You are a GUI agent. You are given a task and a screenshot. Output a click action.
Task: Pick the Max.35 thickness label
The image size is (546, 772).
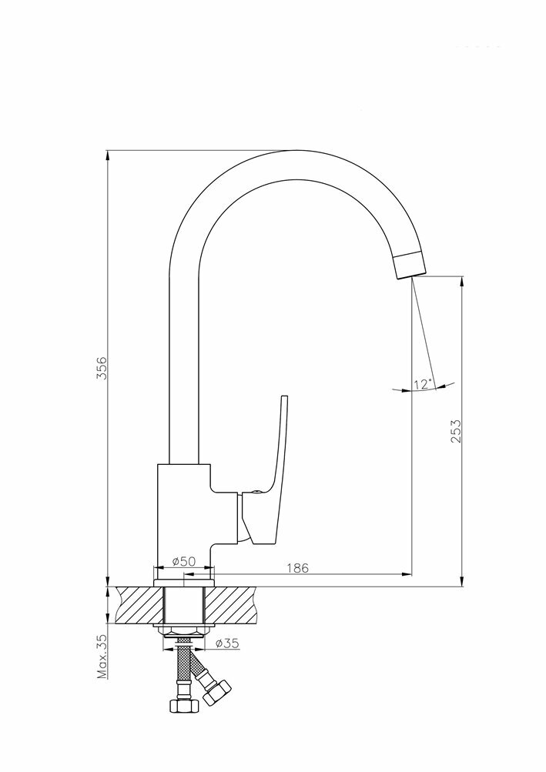click(x=101, y=656)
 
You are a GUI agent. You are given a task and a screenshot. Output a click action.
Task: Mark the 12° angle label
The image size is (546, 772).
click(x=423, y=383)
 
